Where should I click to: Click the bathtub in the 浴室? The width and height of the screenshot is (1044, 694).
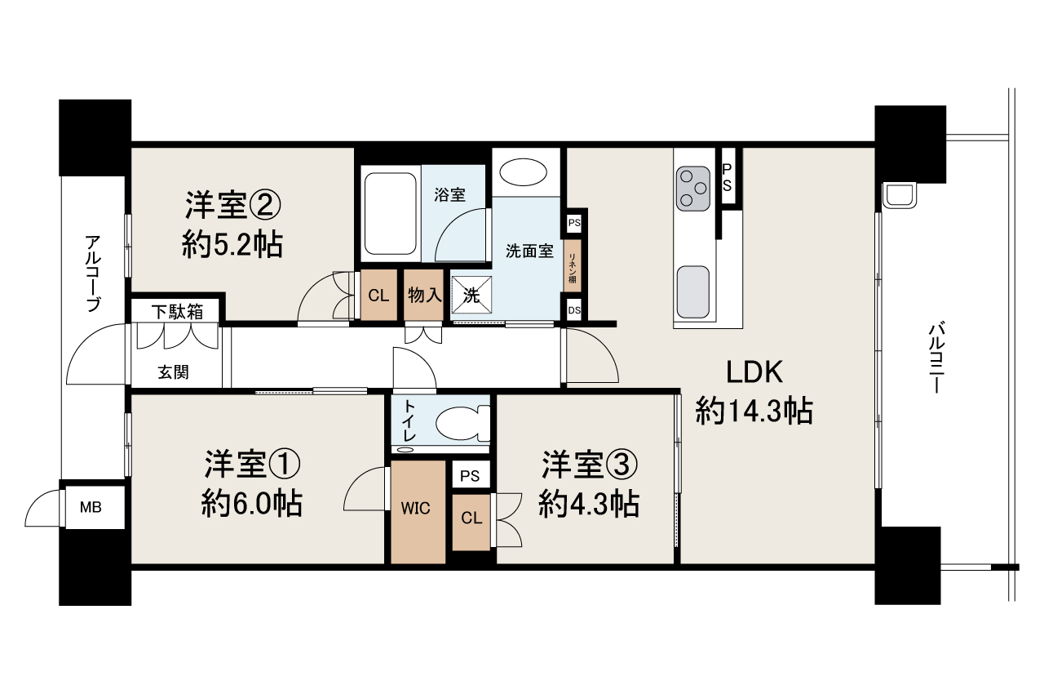click(390, 214)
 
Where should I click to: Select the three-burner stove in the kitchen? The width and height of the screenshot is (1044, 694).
click(693, 189)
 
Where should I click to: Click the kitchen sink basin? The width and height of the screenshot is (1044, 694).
click(693, 292)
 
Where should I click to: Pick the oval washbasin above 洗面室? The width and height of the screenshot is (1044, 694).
click(523, 172)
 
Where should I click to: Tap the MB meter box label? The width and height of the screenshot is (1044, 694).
click(91, 507)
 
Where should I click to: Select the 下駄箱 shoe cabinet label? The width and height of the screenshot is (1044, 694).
click(177, 312)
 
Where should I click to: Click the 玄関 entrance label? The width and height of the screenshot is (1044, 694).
click(174, 372)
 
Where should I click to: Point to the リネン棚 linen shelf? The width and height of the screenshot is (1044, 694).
click(573, 266)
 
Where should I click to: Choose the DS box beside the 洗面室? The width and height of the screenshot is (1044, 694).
click(574, 310)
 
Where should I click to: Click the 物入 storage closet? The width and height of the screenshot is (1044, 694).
click(423, 295)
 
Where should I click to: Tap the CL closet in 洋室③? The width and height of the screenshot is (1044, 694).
click(471, 523)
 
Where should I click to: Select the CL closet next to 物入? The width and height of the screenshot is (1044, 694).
click(379, 295)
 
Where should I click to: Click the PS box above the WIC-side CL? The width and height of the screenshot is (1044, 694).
click(471, 475)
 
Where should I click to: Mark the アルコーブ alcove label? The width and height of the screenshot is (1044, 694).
click(93, 274)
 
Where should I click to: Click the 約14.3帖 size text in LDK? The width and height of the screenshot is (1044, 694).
click(754, 412)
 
